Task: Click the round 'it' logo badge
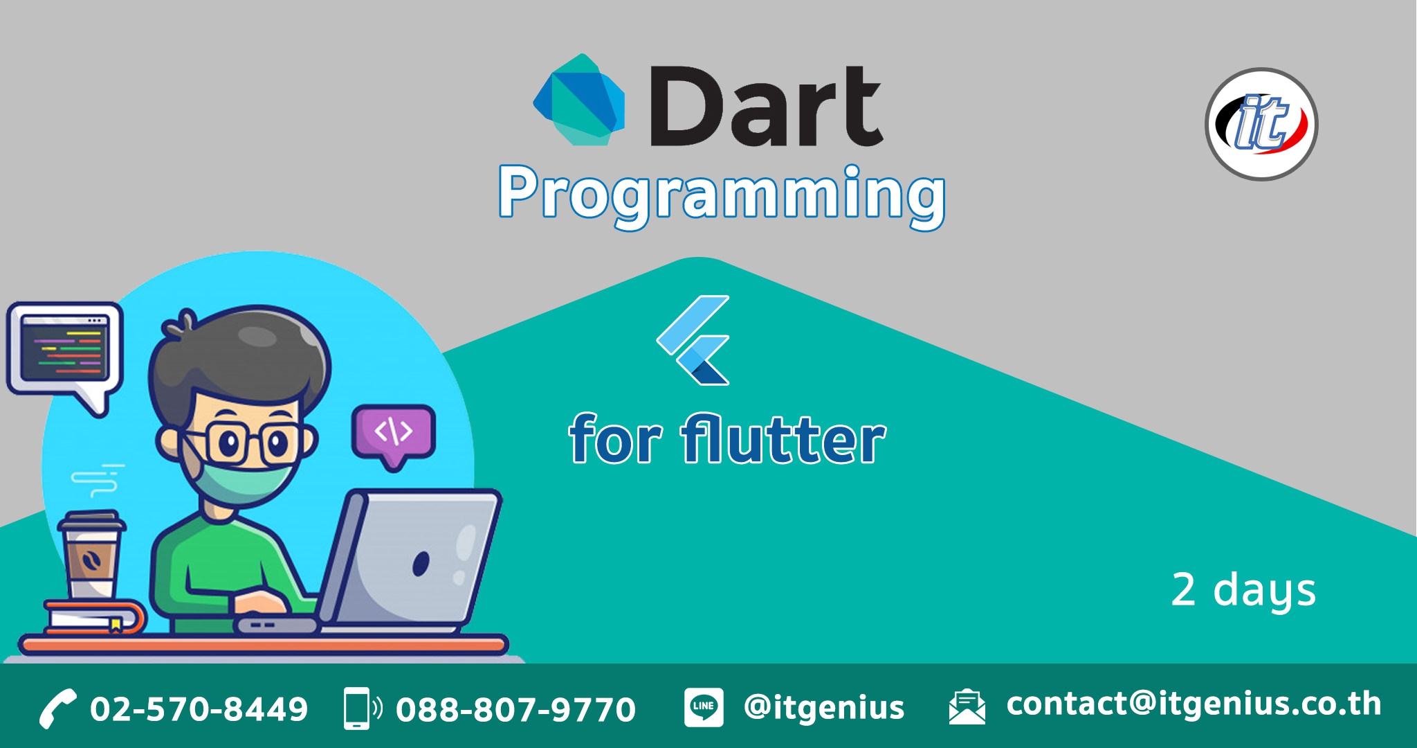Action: pos(1261,124)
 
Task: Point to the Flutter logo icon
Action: pos(693,340)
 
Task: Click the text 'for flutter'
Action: pos(727,439)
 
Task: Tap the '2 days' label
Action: pos(1243,591)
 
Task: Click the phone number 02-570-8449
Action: pos(199,709)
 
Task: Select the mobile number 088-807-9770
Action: pos(515,709)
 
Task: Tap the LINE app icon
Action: pos(704,707)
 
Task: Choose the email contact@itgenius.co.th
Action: pos(1194,704)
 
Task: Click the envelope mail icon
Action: pos(967,707)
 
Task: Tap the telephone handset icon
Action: pos(57,709)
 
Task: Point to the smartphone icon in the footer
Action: pos(362,708)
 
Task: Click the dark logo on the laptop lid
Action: pos(421,564)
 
